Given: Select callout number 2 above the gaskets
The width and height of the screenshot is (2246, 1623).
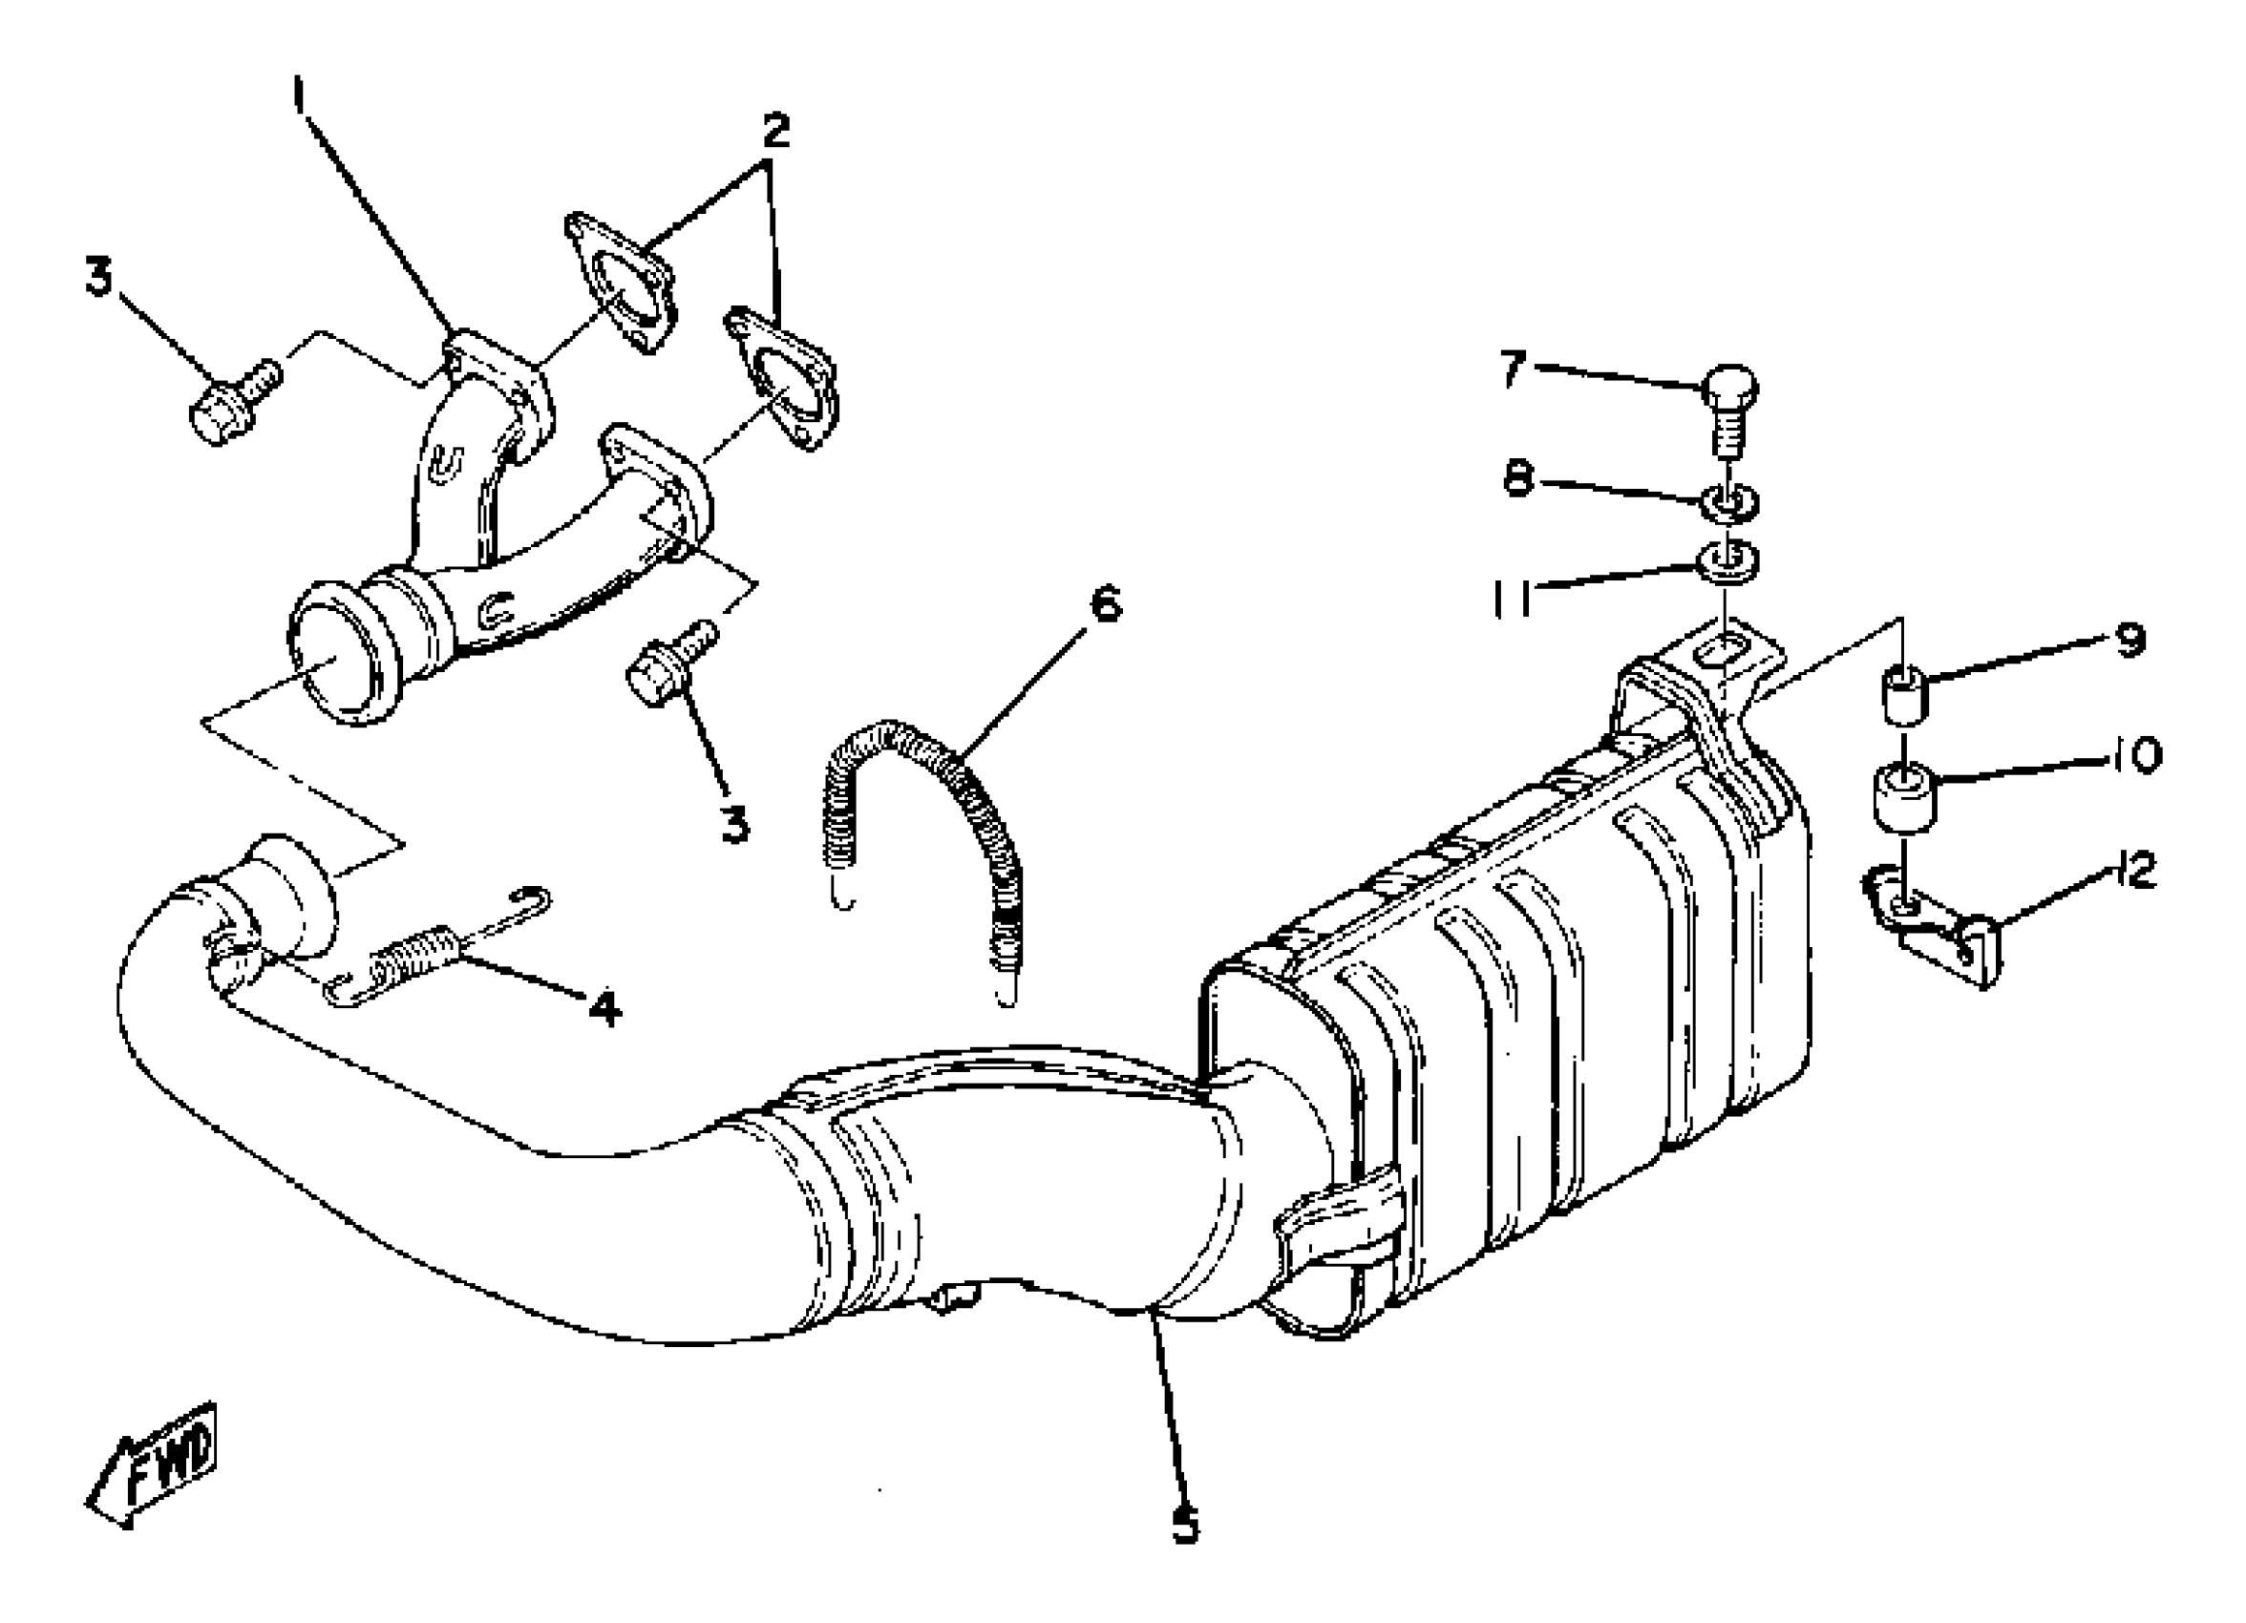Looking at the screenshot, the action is click(x=775, y=130).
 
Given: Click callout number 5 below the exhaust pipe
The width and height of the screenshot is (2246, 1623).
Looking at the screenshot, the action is click(x=1185, y=1525).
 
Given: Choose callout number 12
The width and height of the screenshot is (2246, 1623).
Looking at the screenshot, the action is click(x=2137, y=873).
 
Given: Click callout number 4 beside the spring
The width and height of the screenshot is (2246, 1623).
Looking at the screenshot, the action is click(x=604, y=1009).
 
